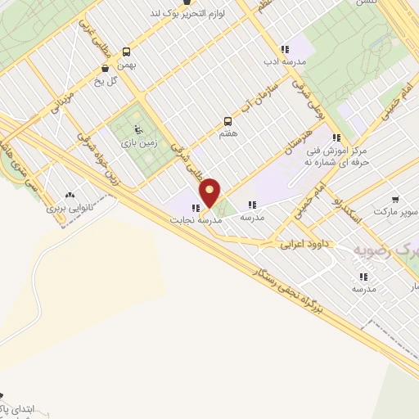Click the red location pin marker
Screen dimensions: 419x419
(x=210, y=192)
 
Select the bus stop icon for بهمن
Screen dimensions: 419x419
(x=126, y=50)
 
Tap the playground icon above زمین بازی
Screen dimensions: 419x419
(x=137, y=129)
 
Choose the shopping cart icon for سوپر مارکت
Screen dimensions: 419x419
(x=395, y=199)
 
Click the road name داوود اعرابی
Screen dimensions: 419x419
(x=303, y=243)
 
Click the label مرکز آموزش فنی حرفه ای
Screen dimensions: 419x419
(x=336, y=156)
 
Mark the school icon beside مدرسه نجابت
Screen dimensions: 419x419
(x=196, y=207)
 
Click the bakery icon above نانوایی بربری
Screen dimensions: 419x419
(x=68, y=196)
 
